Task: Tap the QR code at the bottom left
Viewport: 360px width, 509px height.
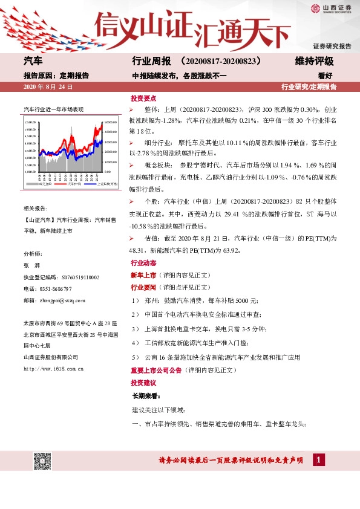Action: (x=41, y=461)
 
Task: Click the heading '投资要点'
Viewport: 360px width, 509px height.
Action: (x=143, y=98)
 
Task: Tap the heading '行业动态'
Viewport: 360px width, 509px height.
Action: (x=143, y=264)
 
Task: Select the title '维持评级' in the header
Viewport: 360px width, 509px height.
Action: (x=314, y=62)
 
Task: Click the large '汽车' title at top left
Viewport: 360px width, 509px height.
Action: (x=33, y=62)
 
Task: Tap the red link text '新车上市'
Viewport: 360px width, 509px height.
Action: (x=143, y=275)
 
